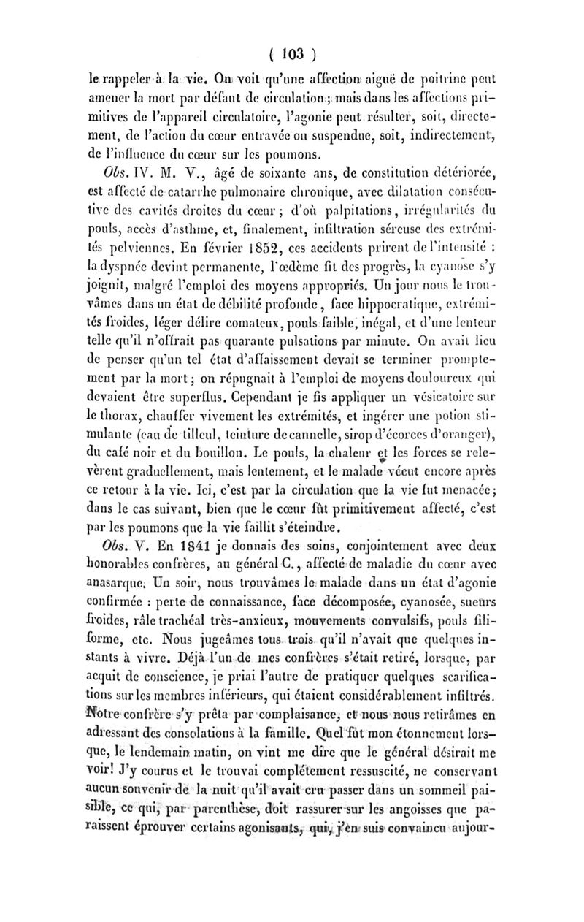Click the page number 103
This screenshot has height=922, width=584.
pos(293,53)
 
